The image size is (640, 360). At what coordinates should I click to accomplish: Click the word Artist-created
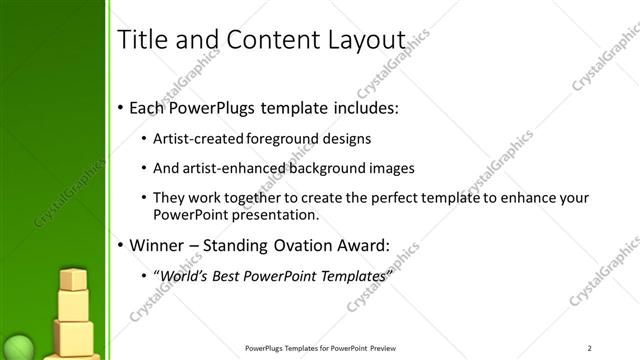[x=200, y=139]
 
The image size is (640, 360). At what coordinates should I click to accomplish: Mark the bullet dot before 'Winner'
[x=120, y=245]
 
